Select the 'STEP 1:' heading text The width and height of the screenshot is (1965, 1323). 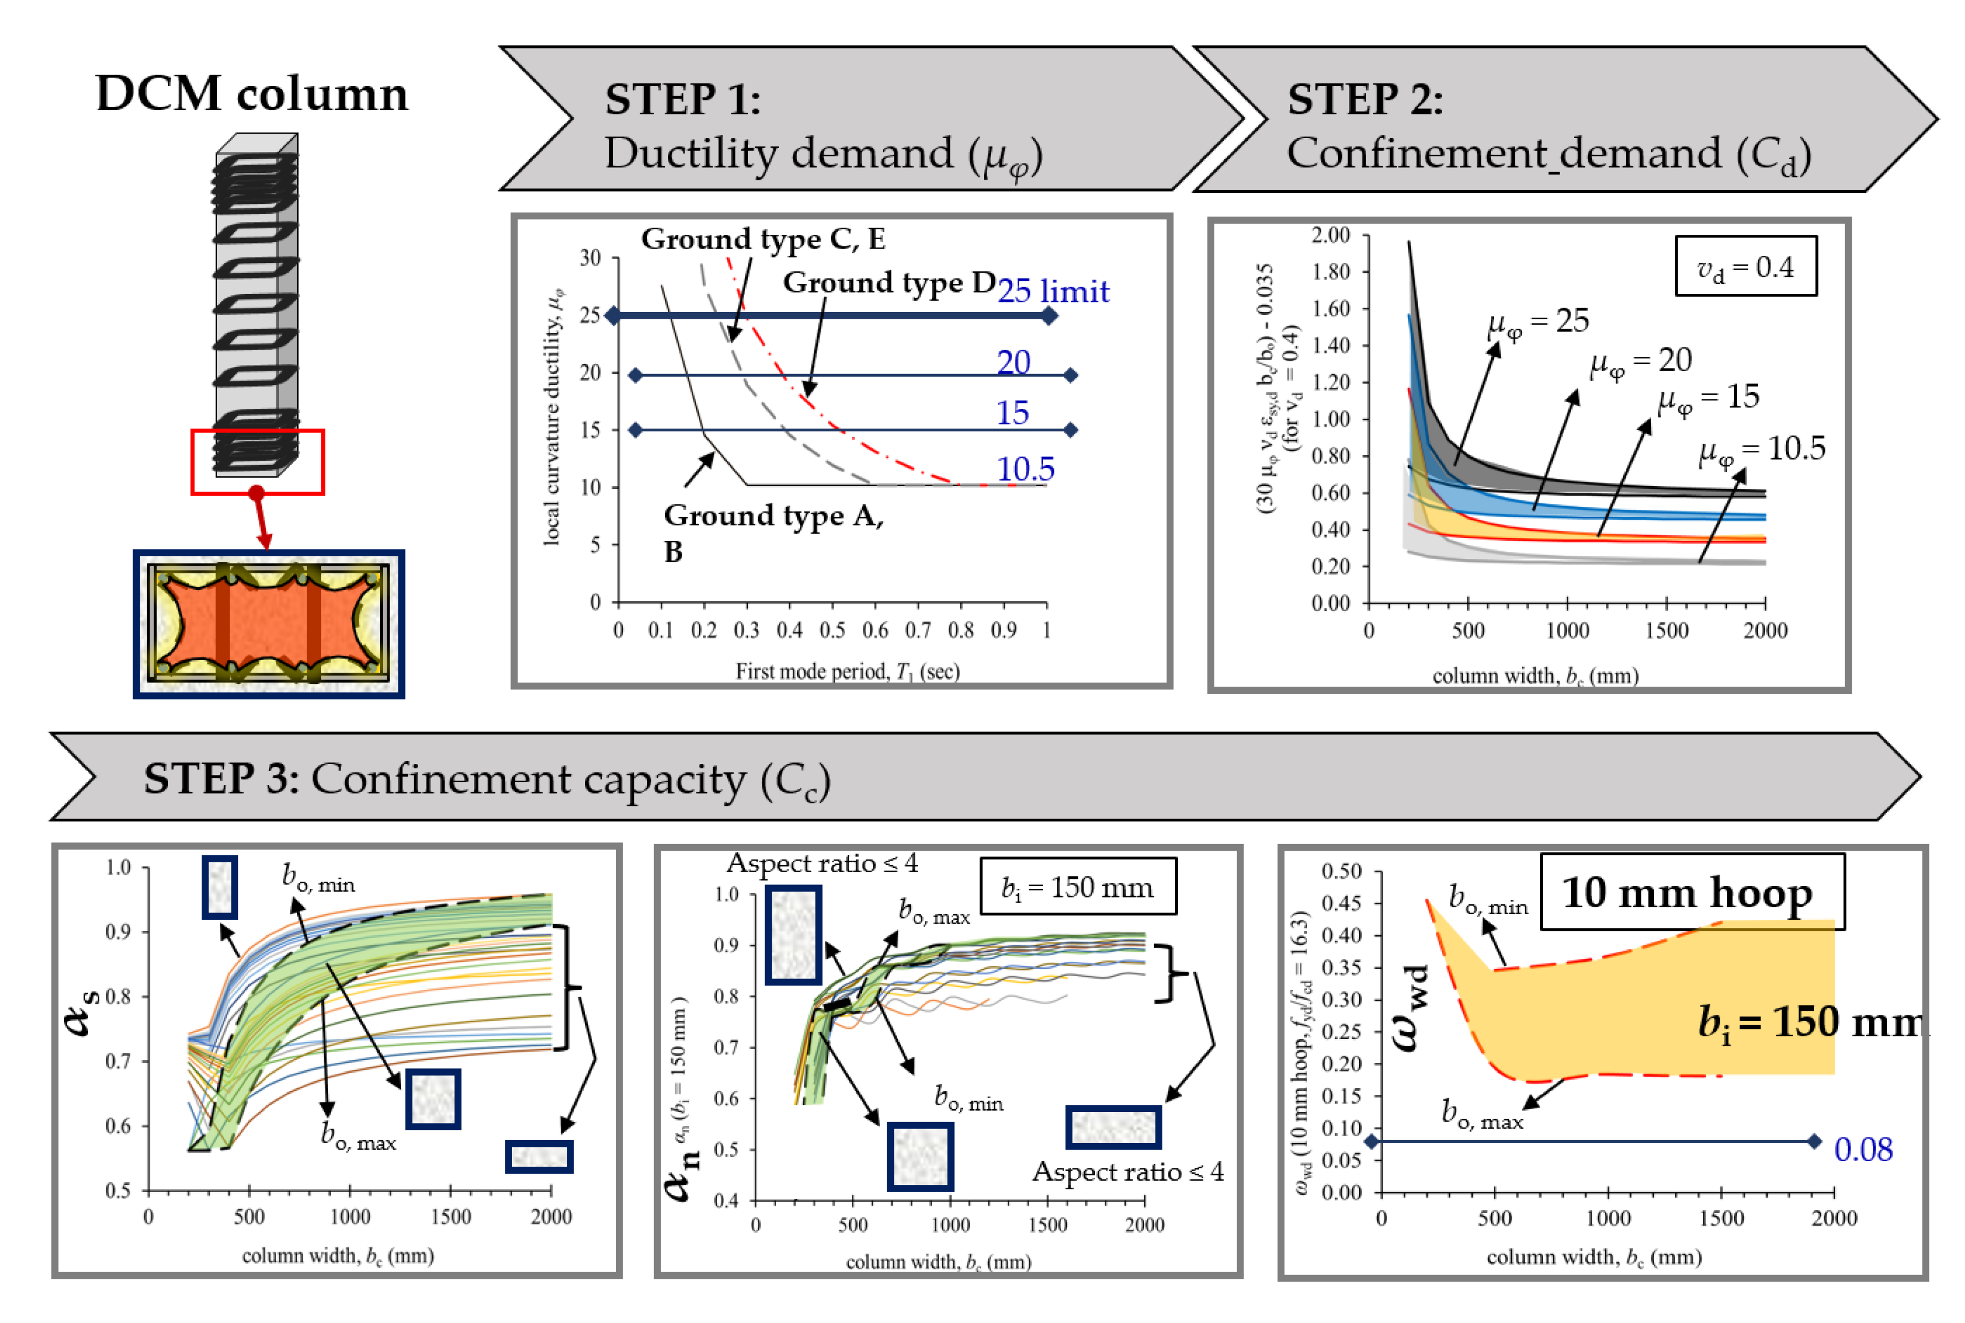(x=682, y=99)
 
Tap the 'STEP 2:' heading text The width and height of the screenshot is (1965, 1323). (x=1365, y=99)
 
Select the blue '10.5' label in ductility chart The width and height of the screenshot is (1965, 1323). (x=1025, y=469)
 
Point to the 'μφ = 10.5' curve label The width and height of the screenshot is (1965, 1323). (x=1762, y=450)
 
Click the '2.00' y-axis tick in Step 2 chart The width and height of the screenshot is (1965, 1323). (x=1330, y=235)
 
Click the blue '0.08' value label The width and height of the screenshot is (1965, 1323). (x=1863, y=1149)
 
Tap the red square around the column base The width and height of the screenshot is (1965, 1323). (x=257, y=462)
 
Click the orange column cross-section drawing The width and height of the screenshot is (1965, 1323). (x=268, y=624)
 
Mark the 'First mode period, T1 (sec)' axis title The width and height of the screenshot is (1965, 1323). (x=847, y=672)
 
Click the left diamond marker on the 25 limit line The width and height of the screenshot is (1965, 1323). (x=613, y=315)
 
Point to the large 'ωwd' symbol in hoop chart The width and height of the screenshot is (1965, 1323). (x=1411, y=1008)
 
